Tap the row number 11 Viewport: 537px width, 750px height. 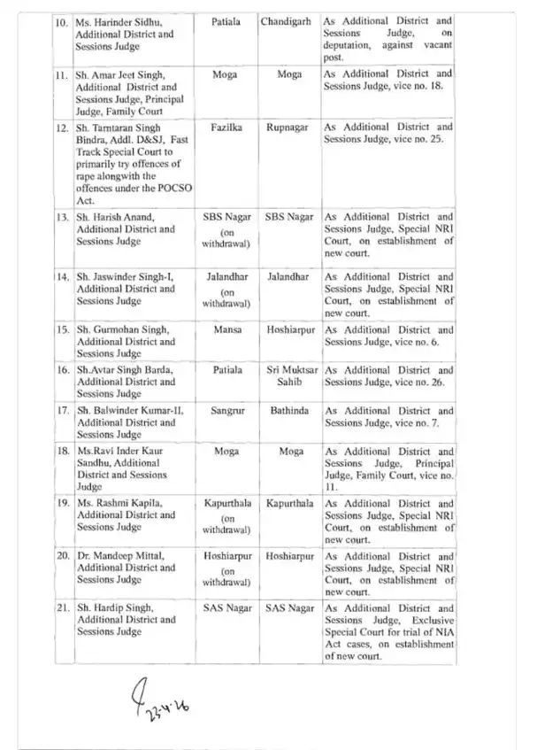[x=61, y=73]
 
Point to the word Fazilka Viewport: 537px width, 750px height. [x=224, y=128]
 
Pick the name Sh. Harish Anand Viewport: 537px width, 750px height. [x=115, y=217]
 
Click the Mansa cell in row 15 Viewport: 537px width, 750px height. [x=224, y=330]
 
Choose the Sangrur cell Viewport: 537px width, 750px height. [x=224, y=412]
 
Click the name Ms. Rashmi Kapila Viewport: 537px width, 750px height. [x=119, y=503]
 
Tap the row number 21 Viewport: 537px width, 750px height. [x=61, y=609]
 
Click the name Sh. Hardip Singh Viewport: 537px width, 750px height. [x=116, y=609]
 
